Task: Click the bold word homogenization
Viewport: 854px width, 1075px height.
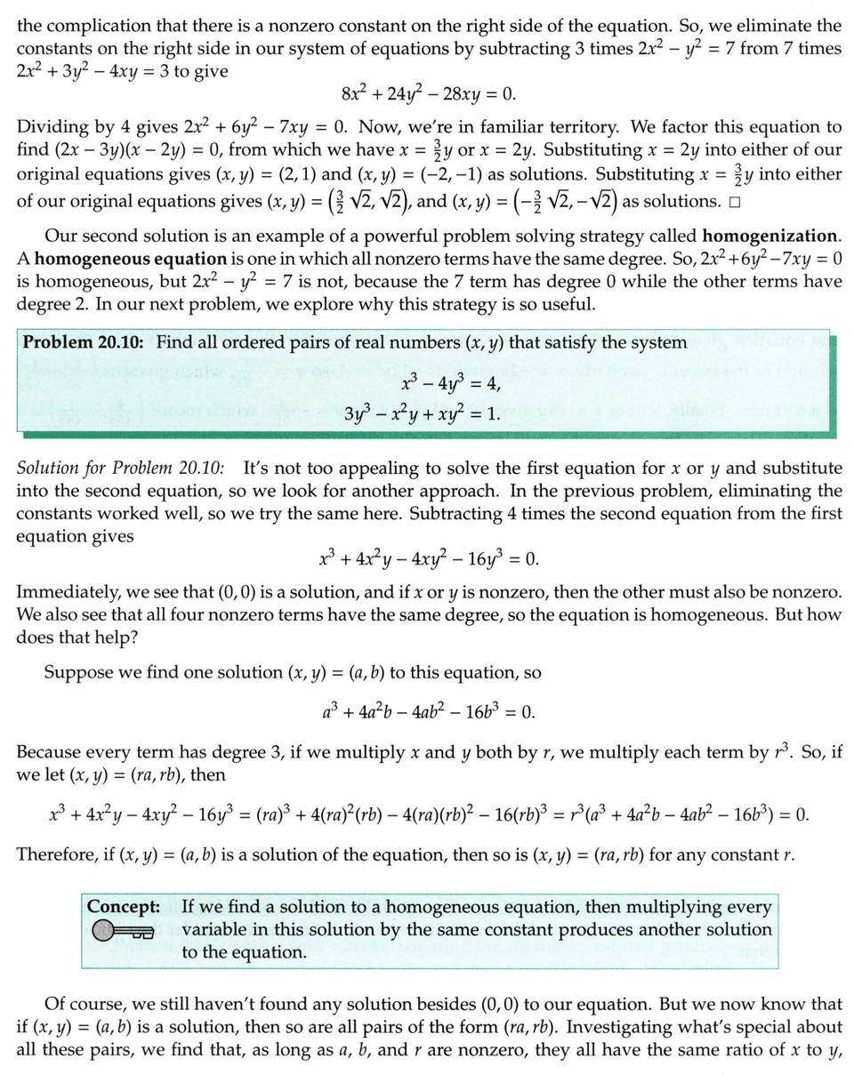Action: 769,237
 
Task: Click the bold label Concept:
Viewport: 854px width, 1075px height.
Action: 124,907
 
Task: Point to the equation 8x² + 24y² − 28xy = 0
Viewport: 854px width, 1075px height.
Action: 428,95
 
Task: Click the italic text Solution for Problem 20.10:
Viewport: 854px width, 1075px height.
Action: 122,468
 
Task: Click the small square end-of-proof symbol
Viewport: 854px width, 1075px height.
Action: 735,201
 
